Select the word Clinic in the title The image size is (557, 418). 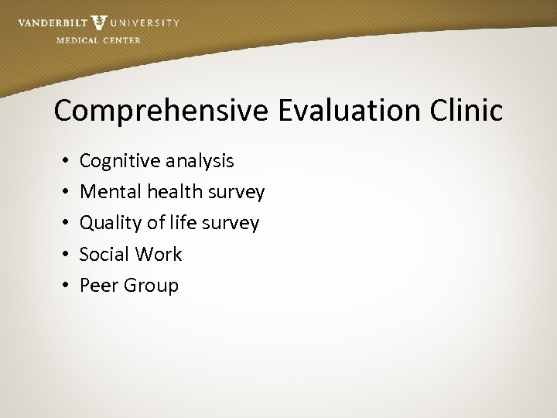click(466, 110)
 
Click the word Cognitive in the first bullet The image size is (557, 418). click(117, 161)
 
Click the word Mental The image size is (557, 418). click(107, 191)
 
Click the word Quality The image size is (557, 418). click(112, 224)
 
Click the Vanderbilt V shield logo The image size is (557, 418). click(99, 23)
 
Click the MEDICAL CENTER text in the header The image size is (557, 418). click(98, 40)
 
